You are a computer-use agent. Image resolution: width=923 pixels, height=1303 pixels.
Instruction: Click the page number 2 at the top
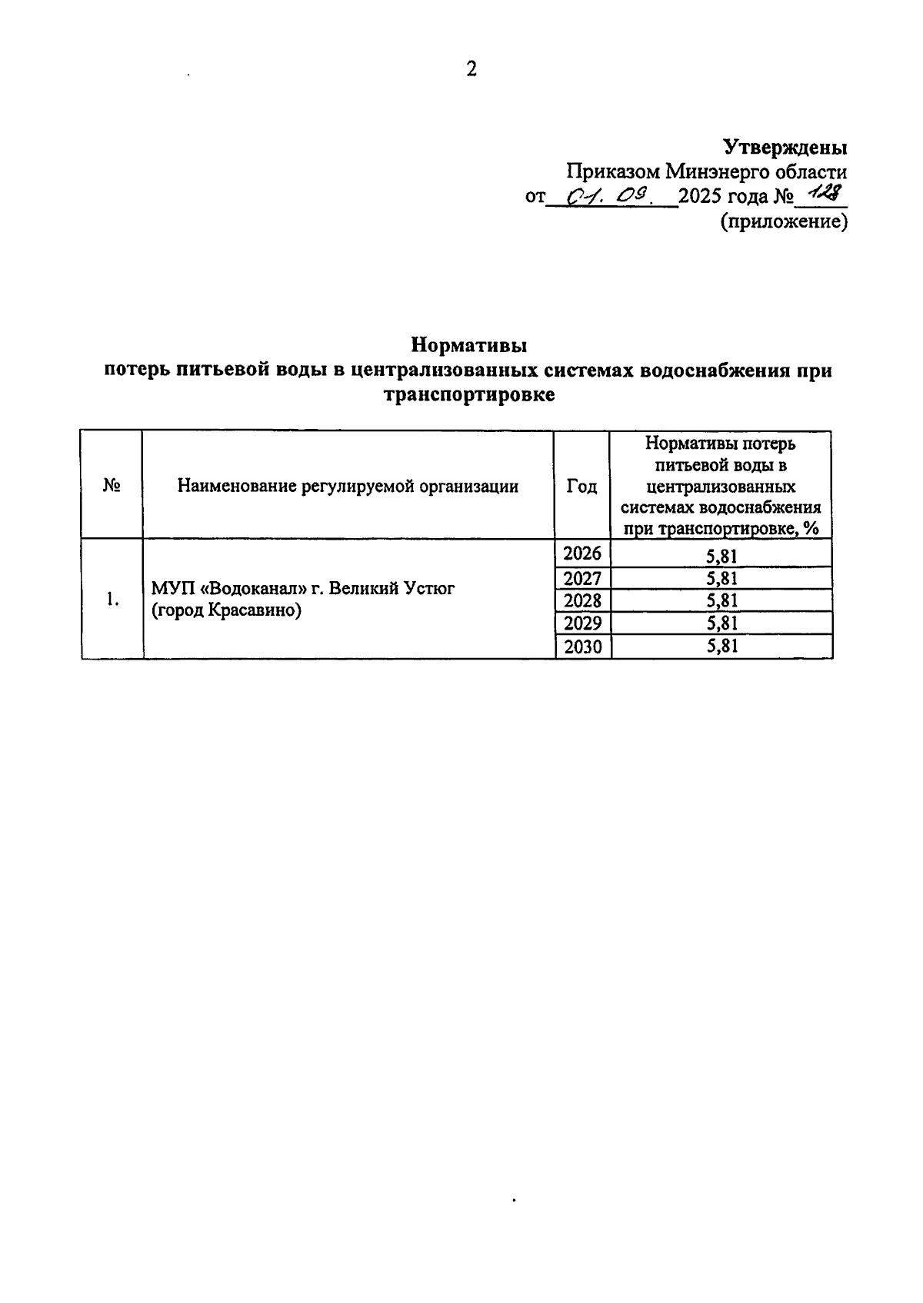pos(471,69)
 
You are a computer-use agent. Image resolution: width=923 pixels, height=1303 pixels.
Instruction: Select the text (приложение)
pos(784,222)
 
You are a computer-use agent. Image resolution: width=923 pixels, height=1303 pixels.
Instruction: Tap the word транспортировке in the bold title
pos(468,396)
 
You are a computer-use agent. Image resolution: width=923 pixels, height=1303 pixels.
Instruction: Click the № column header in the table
pos(112,486)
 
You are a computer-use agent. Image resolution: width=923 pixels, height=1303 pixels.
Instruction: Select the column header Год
pos(581,486)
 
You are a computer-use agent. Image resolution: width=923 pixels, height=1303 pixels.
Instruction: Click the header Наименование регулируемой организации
pos(348,486)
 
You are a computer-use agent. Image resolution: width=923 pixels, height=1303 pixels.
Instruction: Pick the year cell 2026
pos(582,553)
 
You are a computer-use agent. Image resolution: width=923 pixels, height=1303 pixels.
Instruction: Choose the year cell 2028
pos(582,600)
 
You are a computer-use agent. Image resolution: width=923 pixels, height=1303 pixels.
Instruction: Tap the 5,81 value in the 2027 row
pos(721,578)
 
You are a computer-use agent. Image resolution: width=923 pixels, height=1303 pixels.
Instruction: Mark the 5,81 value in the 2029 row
pos(721,623)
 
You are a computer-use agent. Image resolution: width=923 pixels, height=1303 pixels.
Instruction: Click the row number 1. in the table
pos(112,600)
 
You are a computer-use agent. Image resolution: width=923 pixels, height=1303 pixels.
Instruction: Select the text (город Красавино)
pos(226,612)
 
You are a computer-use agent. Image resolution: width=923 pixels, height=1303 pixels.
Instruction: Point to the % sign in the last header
pos(811,529)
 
